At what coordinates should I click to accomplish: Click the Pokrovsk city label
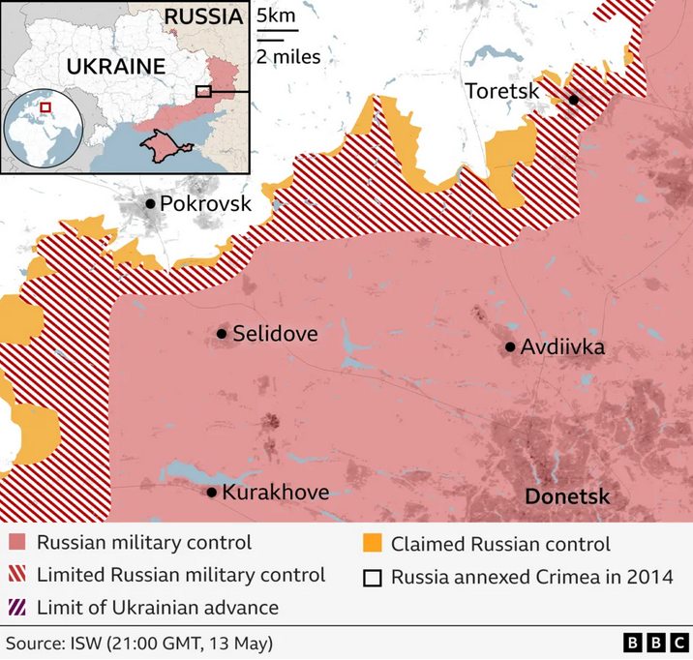(x=205, y=204)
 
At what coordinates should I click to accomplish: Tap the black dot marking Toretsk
(x=573, y=100)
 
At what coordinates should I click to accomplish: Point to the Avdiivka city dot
(x=510, y=347)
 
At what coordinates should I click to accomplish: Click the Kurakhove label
(x=275, y=493)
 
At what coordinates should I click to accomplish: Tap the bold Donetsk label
(x=567, y=496)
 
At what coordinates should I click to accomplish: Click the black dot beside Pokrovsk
(x=151, y=203)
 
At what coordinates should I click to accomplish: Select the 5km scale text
(x=276, y=16)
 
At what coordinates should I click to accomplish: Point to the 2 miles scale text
(x=288, y=56)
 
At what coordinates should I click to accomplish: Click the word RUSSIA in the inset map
(x=202, y=16)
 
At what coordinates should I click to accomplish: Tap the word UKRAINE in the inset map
(x=115, y=67)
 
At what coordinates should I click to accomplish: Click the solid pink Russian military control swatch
(x=16, y=543)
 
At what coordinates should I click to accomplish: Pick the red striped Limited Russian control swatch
(x=16, y=575)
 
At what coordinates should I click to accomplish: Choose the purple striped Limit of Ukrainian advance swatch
(x=16, y=608)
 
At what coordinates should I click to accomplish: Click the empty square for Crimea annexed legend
(x=372, y=578)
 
